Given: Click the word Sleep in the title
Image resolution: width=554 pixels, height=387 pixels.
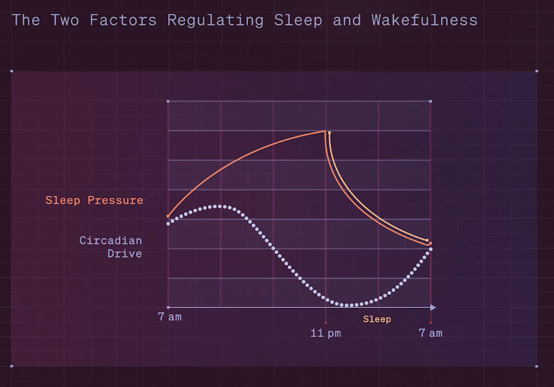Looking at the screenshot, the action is point(298,20).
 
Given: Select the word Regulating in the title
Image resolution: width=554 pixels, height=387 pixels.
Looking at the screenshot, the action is point(215,21).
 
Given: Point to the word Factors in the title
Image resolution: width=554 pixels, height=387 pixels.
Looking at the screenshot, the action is point(123,20).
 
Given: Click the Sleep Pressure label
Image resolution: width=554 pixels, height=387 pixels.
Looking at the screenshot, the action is point(94,200).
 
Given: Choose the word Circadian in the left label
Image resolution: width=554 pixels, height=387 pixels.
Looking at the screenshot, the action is point(111,241).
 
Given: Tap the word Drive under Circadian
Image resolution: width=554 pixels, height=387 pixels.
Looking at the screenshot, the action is point(125,254).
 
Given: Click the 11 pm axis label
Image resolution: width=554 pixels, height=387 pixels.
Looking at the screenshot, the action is point(326,333).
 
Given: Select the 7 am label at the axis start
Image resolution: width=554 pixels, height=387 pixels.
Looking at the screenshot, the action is point(170,317).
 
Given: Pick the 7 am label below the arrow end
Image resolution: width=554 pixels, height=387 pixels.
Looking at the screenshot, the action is point(431,333).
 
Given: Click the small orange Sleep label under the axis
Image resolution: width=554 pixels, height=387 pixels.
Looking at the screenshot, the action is point(377,319).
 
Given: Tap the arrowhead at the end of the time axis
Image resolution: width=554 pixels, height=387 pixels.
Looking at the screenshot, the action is point(433,308).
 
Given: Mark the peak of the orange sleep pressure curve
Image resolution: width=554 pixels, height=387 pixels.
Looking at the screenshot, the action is point(325,132).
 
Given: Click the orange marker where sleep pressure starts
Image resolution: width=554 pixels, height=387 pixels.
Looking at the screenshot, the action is point(168,216).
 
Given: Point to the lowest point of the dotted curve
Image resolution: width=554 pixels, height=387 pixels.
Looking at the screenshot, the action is point(348,305).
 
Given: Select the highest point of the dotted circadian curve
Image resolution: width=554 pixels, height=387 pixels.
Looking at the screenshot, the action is point(220,206).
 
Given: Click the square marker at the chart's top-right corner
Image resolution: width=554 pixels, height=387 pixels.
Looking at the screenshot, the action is point(431,101).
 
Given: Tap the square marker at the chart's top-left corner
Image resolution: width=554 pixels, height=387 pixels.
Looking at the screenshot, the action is point(168,101).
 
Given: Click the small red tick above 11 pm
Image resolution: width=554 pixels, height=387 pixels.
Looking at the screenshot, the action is point(325,323).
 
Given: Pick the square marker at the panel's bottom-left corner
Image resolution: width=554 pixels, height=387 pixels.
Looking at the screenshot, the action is point(12,366).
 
